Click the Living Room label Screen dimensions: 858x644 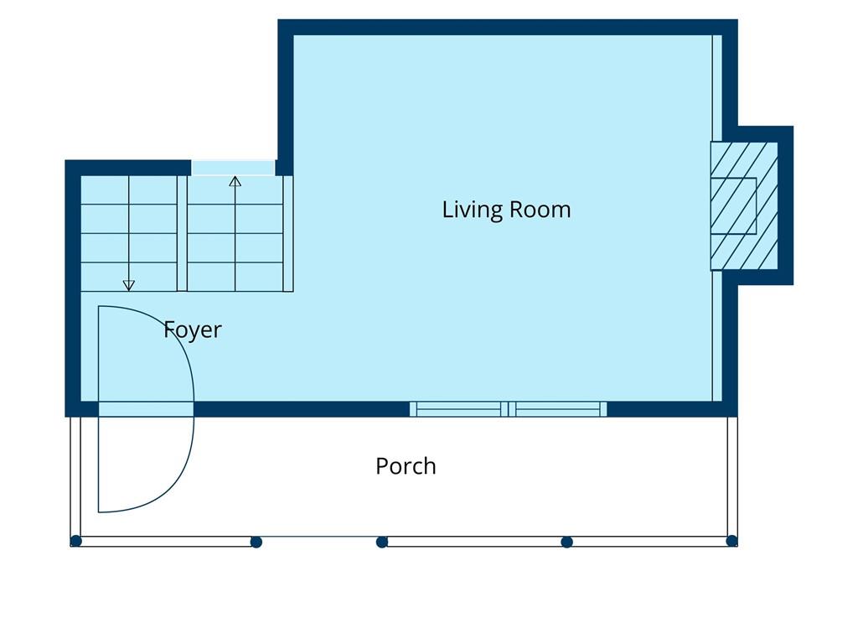(x=506, y=210)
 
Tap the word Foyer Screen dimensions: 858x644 (x=193, y=330)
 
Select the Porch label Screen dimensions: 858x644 (x=406, y=466)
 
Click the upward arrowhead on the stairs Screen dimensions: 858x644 (x=235, y=181)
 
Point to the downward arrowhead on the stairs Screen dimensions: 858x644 (x=128, y=285)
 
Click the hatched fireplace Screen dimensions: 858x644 (x=744, y=206)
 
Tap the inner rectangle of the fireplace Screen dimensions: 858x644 (x=733, y=206)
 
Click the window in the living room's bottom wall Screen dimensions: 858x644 (x=509, y=409)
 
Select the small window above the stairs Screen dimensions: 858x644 (x=233, y=168)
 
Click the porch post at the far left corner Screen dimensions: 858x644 (x=76, y=542)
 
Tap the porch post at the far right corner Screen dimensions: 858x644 (x=731, y=542)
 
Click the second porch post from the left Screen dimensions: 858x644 (x=256, y=543)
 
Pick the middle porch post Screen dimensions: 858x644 (x=382, y=543)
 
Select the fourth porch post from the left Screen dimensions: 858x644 (x=567, y=543)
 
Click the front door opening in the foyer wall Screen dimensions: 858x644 (x=146, y=409)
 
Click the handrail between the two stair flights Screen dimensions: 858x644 (x=182, y=233)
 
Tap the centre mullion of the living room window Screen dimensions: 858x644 (x=509, y=409)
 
